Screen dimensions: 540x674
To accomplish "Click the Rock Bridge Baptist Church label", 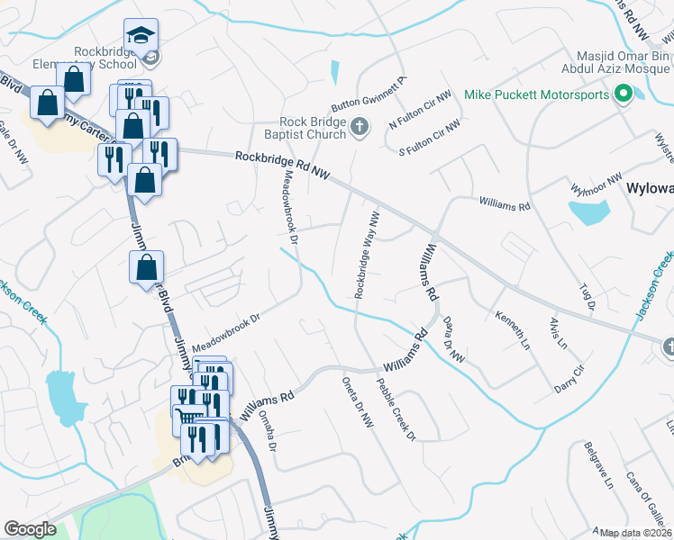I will [x=314, y=128].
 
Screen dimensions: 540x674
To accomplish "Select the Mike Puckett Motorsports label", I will [x=538, y=94].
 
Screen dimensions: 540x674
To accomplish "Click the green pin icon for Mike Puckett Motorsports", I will [x=622, y=94].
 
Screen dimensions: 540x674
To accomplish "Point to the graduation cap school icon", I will [x=140, y=36].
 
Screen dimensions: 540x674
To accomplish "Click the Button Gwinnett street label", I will [x=369, y=91].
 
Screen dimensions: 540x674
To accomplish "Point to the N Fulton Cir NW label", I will [x=419, y=109].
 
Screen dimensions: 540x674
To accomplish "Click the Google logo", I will [x=30, y=529].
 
